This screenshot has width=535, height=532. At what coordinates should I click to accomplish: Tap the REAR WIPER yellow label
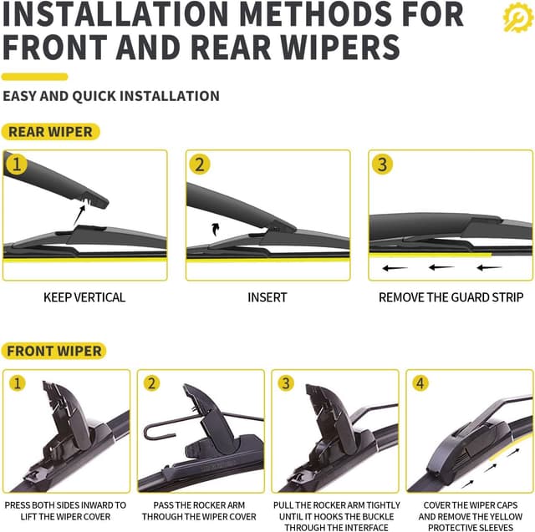(50, 131)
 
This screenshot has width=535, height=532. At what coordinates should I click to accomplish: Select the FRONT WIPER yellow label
(55, 352)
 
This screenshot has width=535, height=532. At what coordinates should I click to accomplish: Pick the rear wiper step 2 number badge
(199, 165)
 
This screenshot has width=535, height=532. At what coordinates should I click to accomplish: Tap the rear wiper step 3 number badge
(382, 165)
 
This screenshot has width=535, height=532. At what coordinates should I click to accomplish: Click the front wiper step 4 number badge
(420, 384)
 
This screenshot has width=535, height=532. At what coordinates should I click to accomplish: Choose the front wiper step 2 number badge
(151, 384)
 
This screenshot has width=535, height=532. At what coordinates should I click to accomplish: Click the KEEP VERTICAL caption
(84, 297)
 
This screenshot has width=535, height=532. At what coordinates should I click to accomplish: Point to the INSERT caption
(267, 297)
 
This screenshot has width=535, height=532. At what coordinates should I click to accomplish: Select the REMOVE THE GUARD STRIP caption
(451, 297)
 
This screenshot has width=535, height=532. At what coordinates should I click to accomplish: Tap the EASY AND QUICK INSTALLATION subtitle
(111, 96)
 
